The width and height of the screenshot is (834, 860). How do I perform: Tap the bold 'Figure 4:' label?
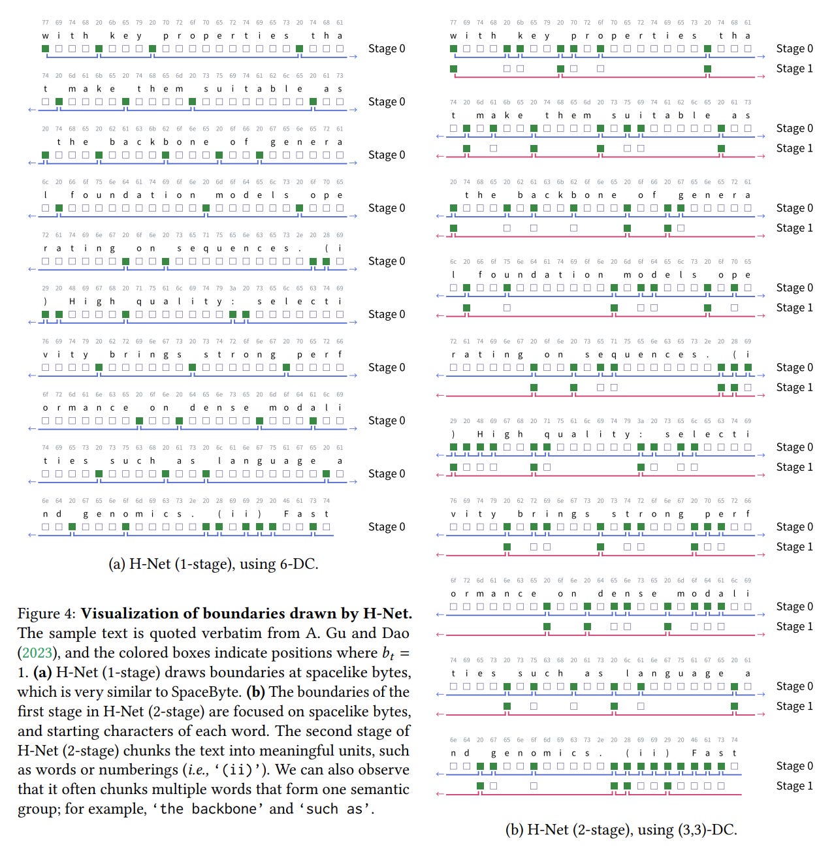pos(47,614)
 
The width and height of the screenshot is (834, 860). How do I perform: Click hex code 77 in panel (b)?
pos(453,22)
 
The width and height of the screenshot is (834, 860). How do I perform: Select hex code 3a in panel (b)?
pos(641,421)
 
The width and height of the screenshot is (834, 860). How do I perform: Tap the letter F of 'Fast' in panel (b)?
pos(694,753)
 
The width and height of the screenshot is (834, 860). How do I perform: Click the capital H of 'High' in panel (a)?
pos(72,302)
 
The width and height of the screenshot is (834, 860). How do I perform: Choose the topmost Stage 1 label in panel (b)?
pos(794,69)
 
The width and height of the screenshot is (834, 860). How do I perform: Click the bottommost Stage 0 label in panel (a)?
pos(386,527)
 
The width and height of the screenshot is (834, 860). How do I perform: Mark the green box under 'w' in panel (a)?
pos(45,49)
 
